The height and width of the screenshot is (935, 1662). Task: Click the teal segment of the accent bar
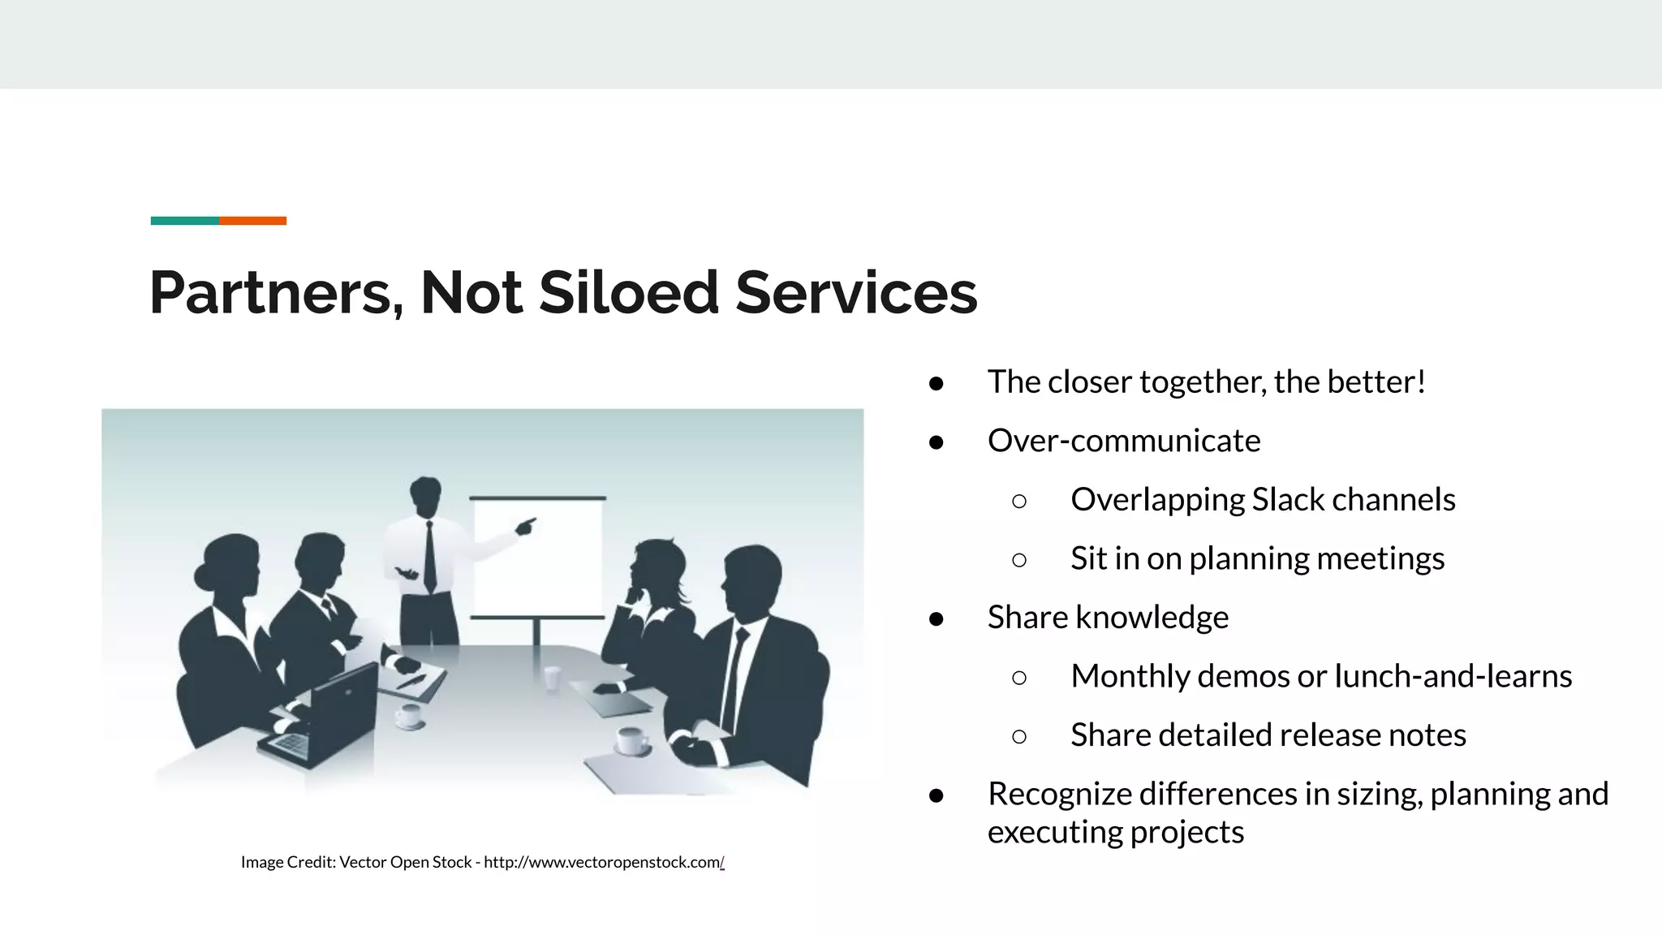[x=184, y=221]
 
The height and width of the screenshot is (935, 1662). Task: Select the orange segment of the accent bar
[x=252, y=221]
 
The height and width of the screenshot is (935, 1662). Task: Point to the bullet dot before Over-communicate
[x=936, y=442]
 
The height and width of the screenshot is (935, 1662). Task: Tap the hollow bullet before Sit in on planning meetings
[x=1019, y=560]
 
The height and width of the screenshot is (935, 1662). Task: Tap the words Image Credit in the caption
[x=288, y=862]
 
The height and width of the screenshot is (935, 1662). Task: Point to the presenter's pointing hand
[x=526, y=526]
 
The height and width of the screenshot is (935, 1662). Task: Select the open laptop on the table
[x=325, y=714]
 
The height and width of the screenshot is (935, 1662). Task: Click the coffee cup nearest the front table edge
[x=631, y=741]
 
